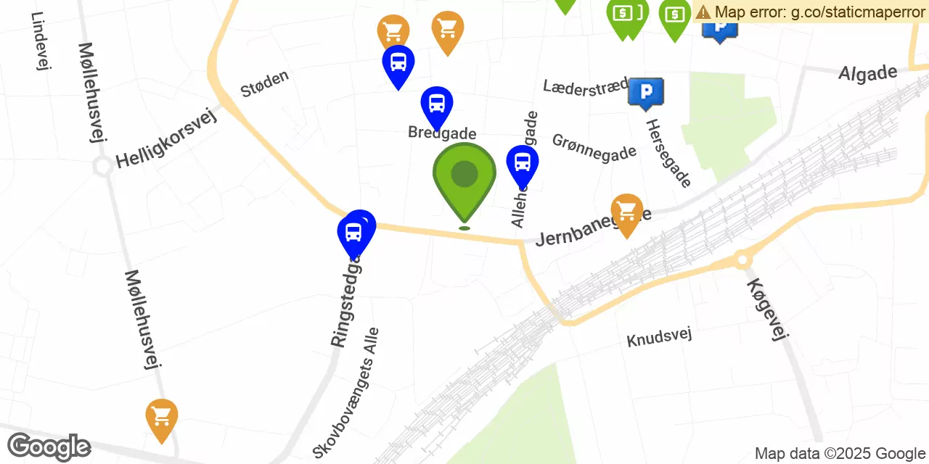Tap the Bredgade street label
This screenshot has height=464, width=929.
(442, 133)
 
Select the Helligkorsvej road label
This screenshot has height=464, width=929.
(167, 138)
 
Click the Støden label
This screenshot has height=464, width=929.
(265, 83)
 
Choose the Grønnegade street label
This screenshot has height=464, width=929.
(594, 148)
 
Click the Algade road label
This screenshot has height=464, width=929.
(867, 72)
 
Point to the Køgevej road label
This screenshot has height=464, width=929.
(766, 310)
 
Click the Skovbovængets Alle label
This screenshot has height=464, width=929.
(347, 392)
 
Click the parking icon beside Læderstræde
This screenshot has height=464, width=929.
(645, 91)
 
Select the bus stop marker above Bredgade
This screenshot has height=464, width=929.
(437, 104)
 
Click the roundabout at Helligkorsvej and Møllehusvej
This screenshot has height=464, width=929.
(102, 166)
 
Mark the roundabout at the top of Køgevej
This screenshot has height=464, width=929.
(742, 259)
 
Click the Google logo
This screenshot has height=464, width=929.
(49, 447)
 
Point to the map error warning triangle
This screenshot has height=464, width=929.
(703, 12)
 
